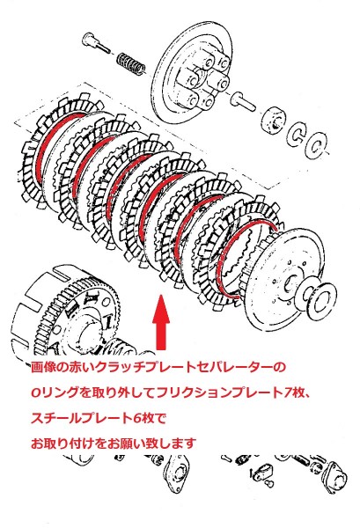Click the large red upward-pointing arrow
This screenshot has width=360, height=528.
[161, 322]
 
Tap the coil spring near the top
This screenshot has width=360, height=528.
[132, 63]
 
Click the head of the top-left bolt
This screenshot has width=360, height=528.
[88, 39]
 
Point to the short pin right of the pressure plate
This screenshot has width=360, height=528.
[243, 100]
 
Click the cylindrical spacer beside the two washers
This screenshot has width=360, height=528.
[274, 120]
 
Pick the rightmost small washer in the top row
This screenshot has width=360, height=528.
[315, 145]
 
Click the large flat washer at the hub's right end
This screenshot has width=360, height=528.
[320, 297]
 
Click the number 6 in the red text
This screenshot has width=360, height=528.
[136, 419]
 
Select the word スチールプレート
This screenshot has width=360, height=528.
[81, 419]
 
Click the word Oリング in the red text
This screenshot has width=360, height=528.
[55, 393]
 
